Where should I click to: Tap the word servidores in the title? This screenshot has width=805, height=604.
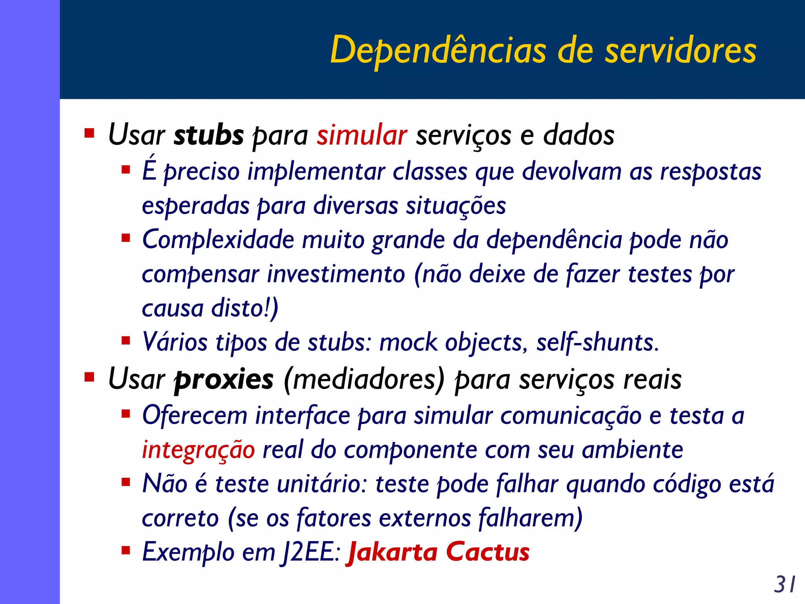[680, 50]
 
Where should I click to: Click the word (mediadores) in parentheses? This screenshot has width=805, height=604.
[364, 380]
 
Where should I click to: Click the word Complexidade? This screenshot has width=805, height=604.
[218, 240]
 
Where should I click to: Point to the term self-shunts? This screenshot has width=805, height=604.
[597, 343]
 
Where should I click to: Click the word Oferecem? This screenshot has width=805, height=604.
[195, 416]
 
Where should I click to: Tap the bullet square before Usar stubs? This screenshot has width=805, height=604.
[89, 133]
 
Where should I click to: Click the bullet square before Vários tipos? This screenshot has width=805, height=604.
[126, 340]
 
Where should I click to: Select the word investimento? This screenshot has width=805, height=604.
[336, 274]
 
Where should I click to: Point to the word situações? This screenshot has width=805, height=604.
[456, 206]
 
